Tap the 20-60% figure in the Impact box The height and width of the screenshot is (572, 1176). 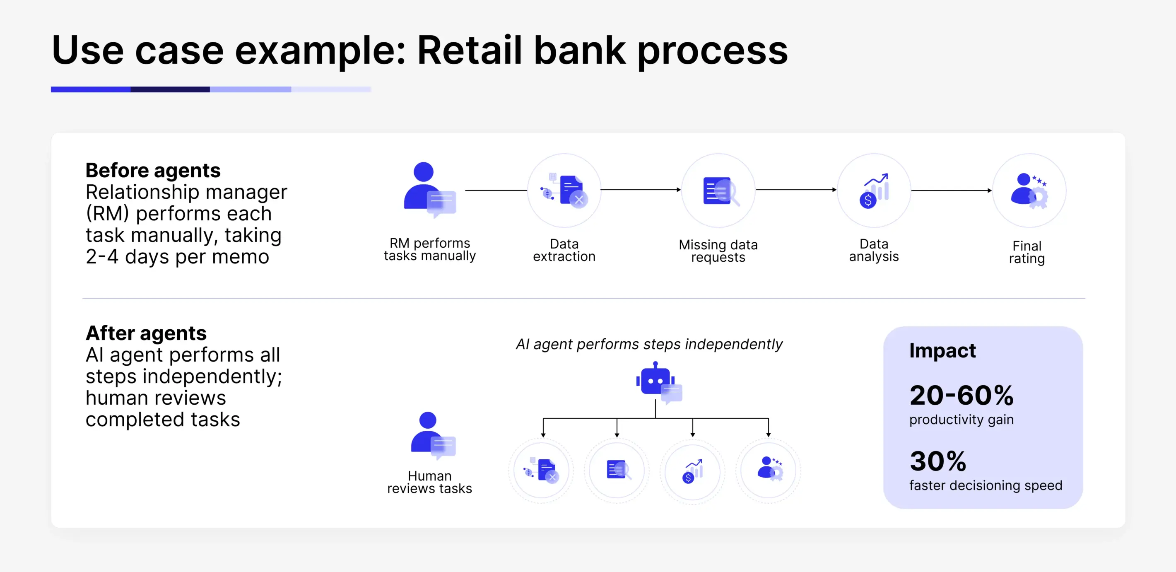(961, 395)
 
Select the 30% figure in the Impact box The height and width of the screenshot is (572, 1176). (938, 461)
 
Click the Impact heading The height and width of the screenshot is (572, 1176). (942, 350)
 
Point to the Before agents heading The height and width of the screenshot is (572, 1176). (153, 170)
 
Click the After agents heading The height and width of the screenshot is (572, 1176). (146, 333)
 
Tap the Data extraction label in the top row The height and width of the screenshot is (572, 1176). (564, 250)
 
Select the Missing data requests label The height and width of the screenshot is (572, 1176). (718, 251)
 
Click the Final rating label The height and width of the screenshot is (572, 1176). (1027, 252)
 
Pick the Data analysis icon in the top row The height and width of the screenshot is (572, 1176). (873, 191)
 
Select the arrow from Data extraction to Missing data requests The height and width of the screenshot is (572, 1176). (641, 189)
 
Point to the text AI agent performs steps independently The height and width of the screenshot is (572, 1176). (649, 344)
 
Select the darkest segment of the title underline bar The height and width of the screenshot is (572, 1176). (170, 89)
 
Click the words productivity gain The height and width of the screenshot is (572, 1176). (961, 420)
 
